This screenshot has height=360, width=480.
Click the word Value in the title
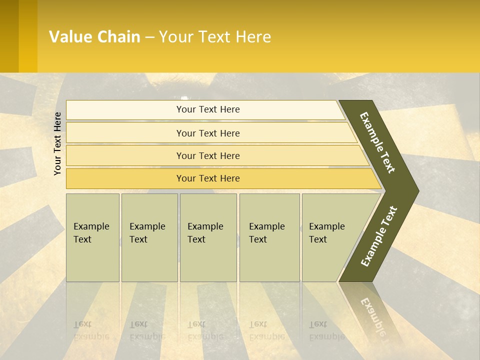(x=70, y=37)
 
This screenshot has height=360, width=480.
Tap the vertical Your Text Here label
(x=57, y=143)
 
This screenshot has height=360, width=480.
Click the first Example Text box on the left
(x=92, y=237)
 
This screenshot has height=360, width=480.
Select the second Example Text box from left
(x=149, y=237)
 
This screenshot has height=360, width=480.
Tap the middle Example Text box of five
(x=208, y=237)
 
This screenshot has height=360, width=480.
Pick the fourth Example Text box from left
(x=269, y=237)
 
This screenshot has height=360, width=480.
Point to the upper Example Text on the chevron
(x=377, y=142)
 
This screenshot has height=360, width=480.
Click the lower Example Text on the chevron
(x=379, y=236)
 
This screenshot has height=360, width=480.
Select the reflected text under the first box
(x=91, y=330)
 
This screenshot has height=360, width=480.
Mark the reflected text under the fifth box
(x=326, y=330)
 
